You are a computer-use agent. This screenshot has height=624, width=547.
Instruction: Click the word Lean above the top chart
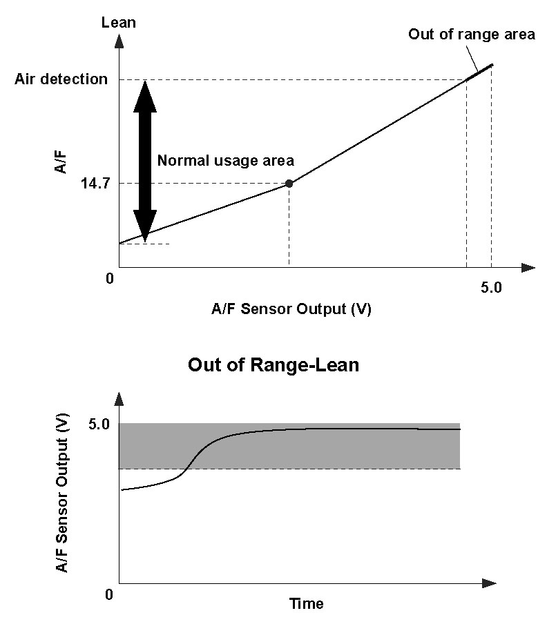[x=119, y=22]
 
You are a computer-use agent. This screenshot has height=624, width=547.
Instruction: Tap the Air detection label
[x=61, y=79]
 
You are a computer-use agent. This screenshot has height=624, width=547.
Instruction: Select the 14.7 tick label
[x=95, y=184]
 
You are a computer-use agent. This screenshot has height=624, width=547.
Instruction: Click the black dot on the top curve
[x=289, y=184]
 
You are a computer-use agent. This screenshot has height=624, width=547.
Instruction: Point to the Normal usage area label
[x=226, y=160]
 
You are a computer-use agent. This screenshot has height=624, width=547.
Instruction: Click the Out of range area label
[x=472, y=35]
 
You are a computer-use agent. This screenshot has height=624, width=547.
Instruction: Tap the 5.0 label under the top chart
[x=491, y=287]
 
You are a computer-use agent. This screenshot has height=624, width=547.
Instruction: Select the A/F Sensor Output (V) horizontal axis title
[x=291, y=309]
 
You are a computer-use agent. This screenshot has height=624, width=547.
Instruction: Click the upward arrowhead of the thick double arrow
[x=145, y=97]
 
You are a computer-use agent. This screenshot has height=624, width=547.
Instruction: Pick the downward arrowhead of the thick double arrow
[x=145, y=226]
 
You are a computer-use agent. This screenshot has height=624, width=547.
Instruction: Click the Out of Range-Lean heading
[x=273, y=364]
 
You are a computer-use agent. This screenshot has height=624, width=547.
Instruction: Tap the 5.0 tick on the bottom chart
[x=99, y=425]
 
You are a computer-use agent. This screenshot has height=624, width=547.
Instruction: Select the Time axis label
[x=306, y=604]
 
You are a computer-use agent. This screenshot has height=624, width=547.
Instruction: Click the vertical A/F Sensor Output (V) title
[x=62, y=493]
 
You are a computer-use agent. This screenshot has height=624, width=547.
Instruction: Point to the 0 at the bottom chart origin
[x=109, y=594]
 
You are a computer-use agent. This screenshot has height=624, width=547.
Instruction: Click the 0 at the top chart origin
[x=110, y=278]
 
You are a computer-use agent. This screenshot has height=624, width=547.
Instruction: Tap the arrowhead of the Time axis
[x=489, y=584]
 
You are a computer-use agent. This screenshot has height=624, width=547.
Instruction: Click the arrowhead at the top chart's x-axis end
[x=528, y=267]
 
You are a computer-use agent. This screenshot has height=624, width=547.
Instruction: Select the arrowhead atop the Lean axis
[x=119, y=41]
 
